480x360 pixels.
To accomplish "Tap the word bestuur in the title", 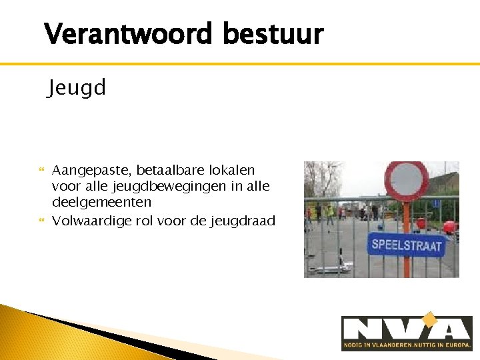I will tap(273, 33).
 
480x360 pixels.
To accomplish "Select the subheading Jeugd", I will tap(77, 88).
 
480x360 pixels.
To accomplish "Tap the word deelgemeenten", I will tap(101, 201).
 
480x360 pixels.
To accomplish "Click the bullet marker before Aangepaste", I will tap(42, 171).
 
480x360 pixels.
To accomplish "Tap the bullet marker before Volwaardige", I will tap(42, 221).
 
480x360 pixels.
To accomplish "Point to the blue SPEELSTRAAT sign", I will tap(406, 245).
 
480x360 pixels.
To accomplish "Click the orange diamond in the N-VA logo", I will tap(429, 321).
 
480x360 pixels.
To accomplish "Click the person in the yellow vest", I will tap(329, 213).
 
